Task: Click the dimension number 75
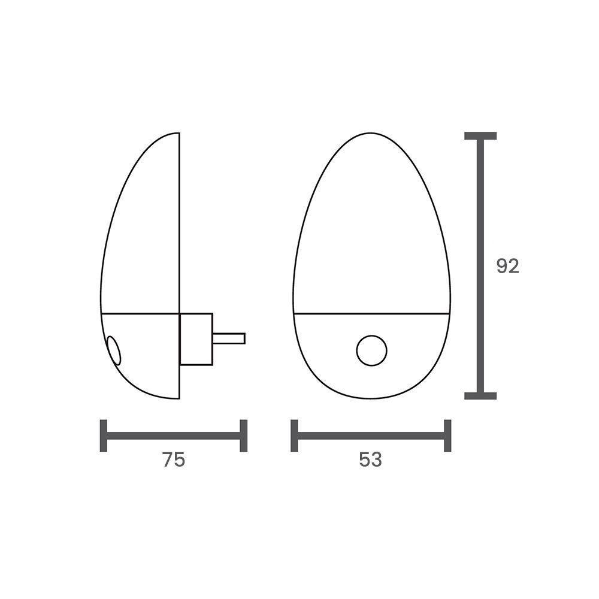click(x=173, y=459)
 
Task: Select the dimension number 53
click(x=370, y=459)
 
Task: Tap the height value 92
click(x=507, y=266)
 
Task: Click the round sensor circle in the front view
click(x=371, y=350)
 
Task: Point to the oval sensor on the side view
click(x=113, y=350)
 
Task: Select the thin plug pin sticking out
click(x=229, y=338)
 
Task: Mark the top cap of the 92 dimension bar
click(x=480, y=136)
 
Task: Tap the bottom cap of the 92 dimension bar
click(x=480, y=395)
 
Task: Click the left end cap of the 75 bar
click(x=104, y=435)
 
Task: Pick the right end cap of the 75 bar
click(x=243, y=435)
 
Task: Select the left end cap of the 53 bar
click(x=294, y=435)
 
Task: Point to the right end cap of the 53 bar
click(x=447, y=435)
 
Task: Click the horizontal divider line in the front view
click(x=371, y=313)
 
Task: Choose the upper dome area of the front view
click(x=371, y=228)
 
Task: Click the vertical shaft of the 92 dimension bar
click(x=480, y=266)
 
